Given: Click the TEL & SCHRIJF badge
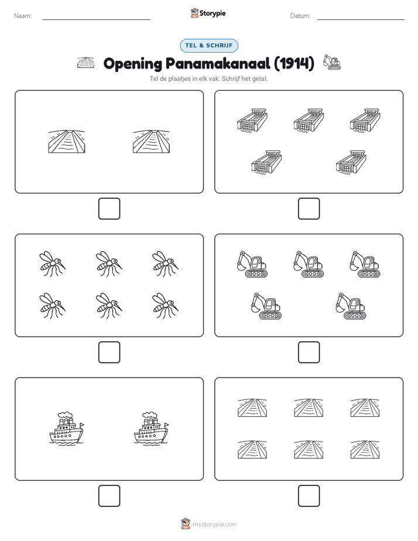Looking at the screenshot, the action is pos(208,46).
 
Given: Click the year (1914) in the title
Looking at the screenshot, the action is pos(294,63).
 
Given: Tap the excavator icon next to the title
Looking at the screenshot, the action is pos(331,62).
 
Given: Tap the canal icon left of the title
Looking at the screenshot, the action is pos(86,63).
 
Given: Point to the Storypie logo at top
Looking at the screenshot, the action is pos(208,13).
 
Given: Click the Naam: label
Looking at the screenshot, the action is pos(23,16).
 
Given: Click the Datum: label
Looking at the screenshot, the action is pos(300,16).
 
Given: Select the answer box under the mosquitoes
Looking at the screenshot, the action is pos(109,352).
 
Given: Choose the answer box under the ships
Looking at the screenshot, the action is pos(109,496).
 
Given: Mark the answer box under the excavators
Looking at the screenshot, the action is pos(309,352).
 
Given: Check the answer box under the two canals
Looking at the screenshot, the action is pos(109,209).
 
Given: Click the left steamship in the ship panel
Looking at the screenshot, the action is pos(67,428).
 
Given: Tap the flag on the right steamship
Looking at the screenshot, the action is pos(167,424).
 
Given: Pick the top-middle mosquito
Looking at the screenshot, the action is pos(109,263).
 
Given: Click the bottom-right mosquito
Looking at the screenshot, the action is pos(165,306).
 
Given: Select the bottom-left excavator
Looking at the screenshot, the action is pos(266,306).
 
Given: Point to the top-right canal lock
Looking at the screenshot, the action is pos(365,120).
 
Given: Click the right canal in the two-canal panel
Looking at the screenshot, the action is pos(152,142).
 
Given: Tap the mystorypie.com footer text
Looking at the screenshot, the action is pos(214,525).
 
